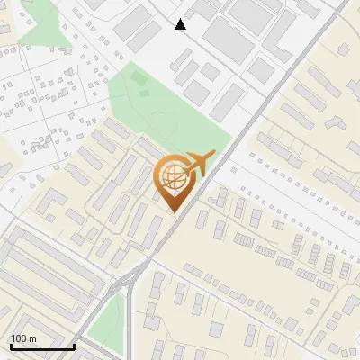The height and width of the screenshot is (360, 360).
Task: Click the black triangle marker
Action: click(181, 24)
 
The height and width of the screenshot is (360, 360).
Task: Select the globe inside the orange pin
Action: click(171, 177)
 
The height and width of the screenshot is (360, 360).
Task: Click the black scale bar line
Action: click(41, 346)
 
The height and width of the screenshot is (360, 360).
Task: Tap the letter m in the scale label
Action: click(33, 338)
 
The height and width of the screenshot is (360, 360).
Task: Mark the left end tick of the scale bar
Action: click(10, 345)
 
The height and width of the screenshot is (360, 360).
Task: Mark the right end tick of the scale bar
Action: click(74, 345)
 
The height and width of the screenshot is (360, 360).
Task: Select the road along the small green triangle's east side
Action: click(128, 319)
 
